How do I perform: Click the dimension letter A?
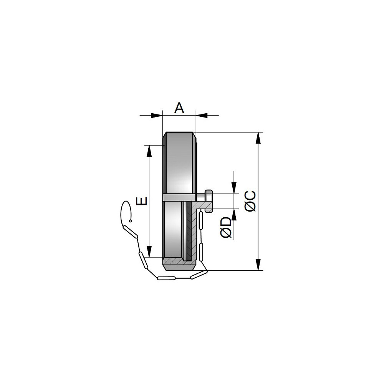click(179, 108)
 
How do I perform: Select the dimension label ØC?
click(250, 201)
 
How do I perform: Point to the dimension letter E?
click(142, 201)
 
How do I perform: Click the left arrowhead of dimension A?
click(157, 115)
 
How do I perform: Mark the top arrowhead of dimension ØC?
click(258, 138)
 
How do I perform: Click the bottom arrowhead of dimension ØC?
click(258, 265)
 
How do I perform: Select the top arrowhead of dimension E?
click(149, 151)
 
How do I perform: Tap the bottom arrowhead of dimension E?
click(149, 251)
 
